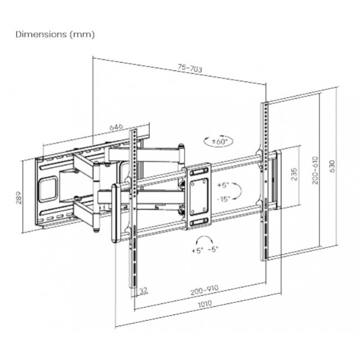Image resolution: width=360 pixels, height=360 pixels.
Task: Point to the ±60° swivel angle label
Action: (x=220, y=142)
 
